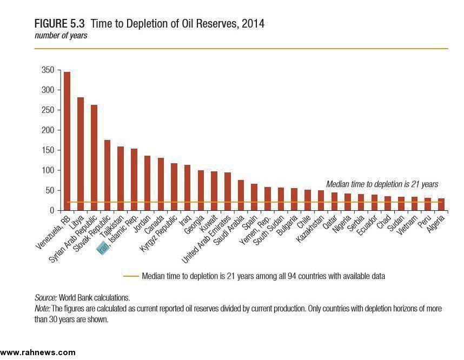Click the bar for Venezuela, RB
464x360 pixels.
point(67,141)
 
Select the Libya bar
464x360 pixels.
point(81,154)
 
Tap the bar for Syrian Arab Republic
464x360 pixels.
point(94,157)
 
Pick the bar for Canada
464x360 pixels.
point(161,184)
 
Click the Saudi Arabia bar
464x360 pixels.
point(241,195)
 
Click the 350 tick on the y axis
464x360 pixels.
point(48,70)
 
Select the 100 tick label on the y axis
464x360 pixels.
point(48,170)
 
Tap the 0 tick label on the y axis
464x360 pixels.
point(51,210)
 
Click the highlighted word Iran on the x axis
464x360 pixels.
point(102,248)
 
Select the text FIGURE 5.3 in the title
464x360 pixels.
point(60,24)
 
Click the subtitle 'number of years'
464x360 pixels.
point(61,36)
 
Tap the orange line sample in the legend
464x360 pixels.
point(131,276)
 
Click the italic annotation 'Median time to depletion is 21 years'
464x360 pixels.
point(382,184)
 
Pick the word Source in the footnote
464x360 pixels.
point(45,297)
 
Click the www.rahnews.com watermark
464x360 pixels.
point(38,352)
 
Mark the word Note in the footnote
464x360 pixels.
point(42,308)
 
